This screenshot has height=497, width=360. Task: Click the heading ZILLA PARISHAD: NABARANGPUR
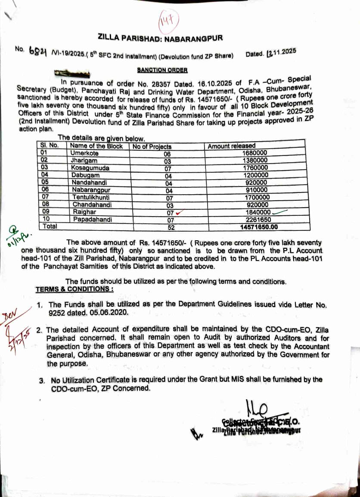click(161, 38)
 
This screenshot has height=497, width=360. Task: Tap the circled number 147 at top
click(166, 20)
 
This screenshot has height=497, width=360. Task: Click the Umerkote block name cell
click(85, 153)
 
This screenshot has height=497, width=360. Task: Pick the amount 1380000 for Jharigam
click(255, 161)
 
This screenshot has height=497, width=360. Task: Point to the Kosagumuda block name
click(91, 168)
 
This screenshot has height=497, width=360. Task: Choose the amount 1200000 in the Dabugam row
click(255, 175)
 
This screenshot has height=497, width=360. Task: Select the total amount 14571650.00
click(259, 227)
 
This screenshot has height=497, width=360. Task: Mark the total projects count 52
click(171, 227)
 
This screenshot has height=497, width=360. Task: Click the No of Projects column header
click(152, 146)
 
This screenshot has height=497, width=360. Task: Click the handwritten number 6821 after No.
click(38, 51)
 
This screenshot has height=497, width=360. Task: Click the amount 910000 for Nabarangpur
click(255, 190)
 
